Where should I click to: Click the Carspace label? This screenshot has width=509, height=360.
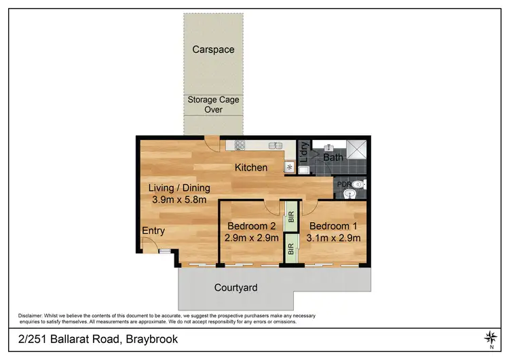coord(212,50)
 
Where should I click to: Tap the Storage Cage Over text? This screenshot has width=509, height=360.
coord(213,104)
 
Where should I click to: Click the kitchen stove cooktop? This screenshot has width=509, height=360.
coord(239,145)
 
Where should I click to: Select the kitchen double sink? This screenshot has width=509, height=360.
coord(275,145)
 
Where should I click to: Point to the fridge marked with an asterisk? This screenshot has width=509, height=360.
coord(289,166)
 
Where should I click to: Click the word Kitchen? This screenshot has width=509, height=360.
coord(250,167)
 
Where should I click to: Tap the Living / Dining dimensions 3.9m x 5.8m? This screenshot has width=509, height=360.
coord(179,200)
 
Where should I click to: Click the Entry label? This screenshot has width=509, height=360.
coord(153,231)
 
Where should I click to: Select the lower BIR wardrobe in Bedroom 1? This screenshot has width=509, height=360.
coord(290,249)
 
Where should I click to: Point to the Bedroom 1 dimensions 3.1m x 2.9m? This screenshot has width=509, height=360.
coord(334,238)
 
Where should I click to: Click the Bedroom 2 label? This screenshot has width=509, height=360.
coord(250,226)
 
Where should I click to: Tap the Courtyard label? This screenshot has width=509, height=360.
coord(235,287)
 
